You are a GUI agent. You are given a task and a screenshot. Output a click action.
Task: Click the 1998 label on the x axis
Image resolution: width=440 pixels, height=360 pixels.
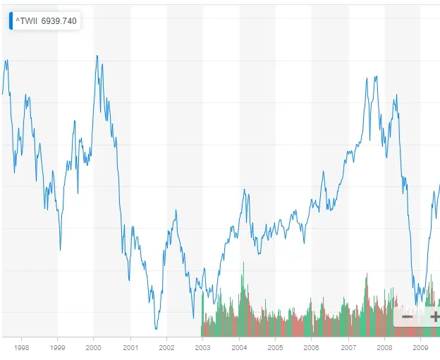pyautogui.click(x=22, y=347)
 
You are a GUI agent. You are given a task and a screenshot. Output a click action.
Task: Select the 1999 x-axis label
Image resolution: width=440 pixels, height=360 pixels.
pyautogui.click(x=58, y=347)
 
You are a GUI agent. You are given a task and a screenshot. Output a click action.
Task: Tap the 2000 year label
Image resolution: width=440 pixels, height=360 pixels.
pyautogui.click(x=94, y=347)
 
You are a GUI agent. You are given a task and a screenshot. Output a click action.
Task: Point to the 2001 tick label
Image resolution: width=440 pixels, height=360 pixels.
pyautogui.click(x=130, y=347)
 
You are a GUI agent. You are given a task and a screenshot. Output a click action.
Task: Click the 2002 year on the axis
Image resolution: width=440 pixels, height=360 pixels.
pyautogui.click(x=166, y=347)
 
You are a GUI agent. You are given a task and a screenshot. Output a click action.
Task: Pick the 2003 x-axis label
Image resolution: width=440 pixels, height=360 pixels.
pyautogui.click(x=202, y=347)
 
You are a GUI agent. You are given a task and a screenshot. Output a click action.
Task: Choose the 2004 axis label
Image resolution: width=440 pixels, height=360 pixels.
pyautogui.click(x=239, y=347)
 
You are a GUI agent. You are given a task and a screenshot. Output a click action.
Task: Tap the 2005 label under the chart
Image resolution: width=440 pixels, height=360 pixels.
pyautogui.click(x=275, y=347)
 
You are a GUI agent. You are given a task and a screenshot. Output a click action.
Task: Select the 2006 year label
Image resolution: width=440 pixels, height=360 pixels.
pyautogui.click(x=312, y=347)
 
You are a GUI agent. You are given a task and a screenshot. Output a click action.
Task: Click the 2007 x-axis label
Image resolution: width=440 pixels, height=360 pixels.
pyautogui.click(x=348, y=347)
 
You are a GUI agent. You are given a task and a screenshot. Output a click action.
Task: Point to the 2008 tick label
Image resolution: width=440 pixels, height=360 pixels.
pyautogui.click(x=385, y=347)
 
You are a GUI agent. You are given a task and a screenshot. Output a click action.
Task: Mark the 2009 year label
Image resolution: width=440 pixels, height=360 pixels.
pyautogui.click(x=420, y=347)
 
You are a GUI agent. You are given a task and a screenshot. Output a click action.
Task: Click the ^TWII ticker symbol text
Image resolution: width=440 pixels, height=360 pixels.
pyautogui.click(x=27, y=21)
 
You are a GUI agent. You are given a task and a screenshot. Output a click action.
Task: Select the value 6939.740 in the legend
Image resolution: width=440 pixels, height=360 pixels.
pyautogui.click(x=59, y=21)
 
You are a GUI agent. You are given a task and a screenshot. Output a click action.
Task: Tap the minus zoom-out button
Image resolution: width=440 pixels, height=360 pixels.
pyautogui.click(x=407, y=316)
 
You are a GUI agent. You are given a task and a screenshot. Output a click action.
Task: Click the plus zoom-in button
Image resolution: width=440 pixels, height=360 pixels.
pyautogui.click(x=433, y=316)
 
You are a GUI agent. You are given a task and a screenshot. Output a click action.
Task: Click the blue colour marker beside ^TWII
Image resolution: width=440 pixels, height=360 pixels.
pyautogui.click(x=11, y=21)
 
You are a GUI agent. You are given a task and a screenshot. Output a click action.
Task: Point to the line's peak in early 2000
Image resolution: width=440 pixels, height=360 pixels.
pyautogui.click(x=97, y=56)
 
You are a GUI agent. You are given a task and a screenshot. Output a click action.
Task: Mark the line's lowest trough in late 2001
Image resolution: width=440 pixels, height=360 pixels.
pyautogui.click(x=156, y=330)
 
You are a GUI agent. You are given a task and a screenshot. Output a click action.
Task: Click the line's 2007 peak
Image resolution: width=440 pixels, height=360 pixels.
pyautogui.click(x=367, y=77)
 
